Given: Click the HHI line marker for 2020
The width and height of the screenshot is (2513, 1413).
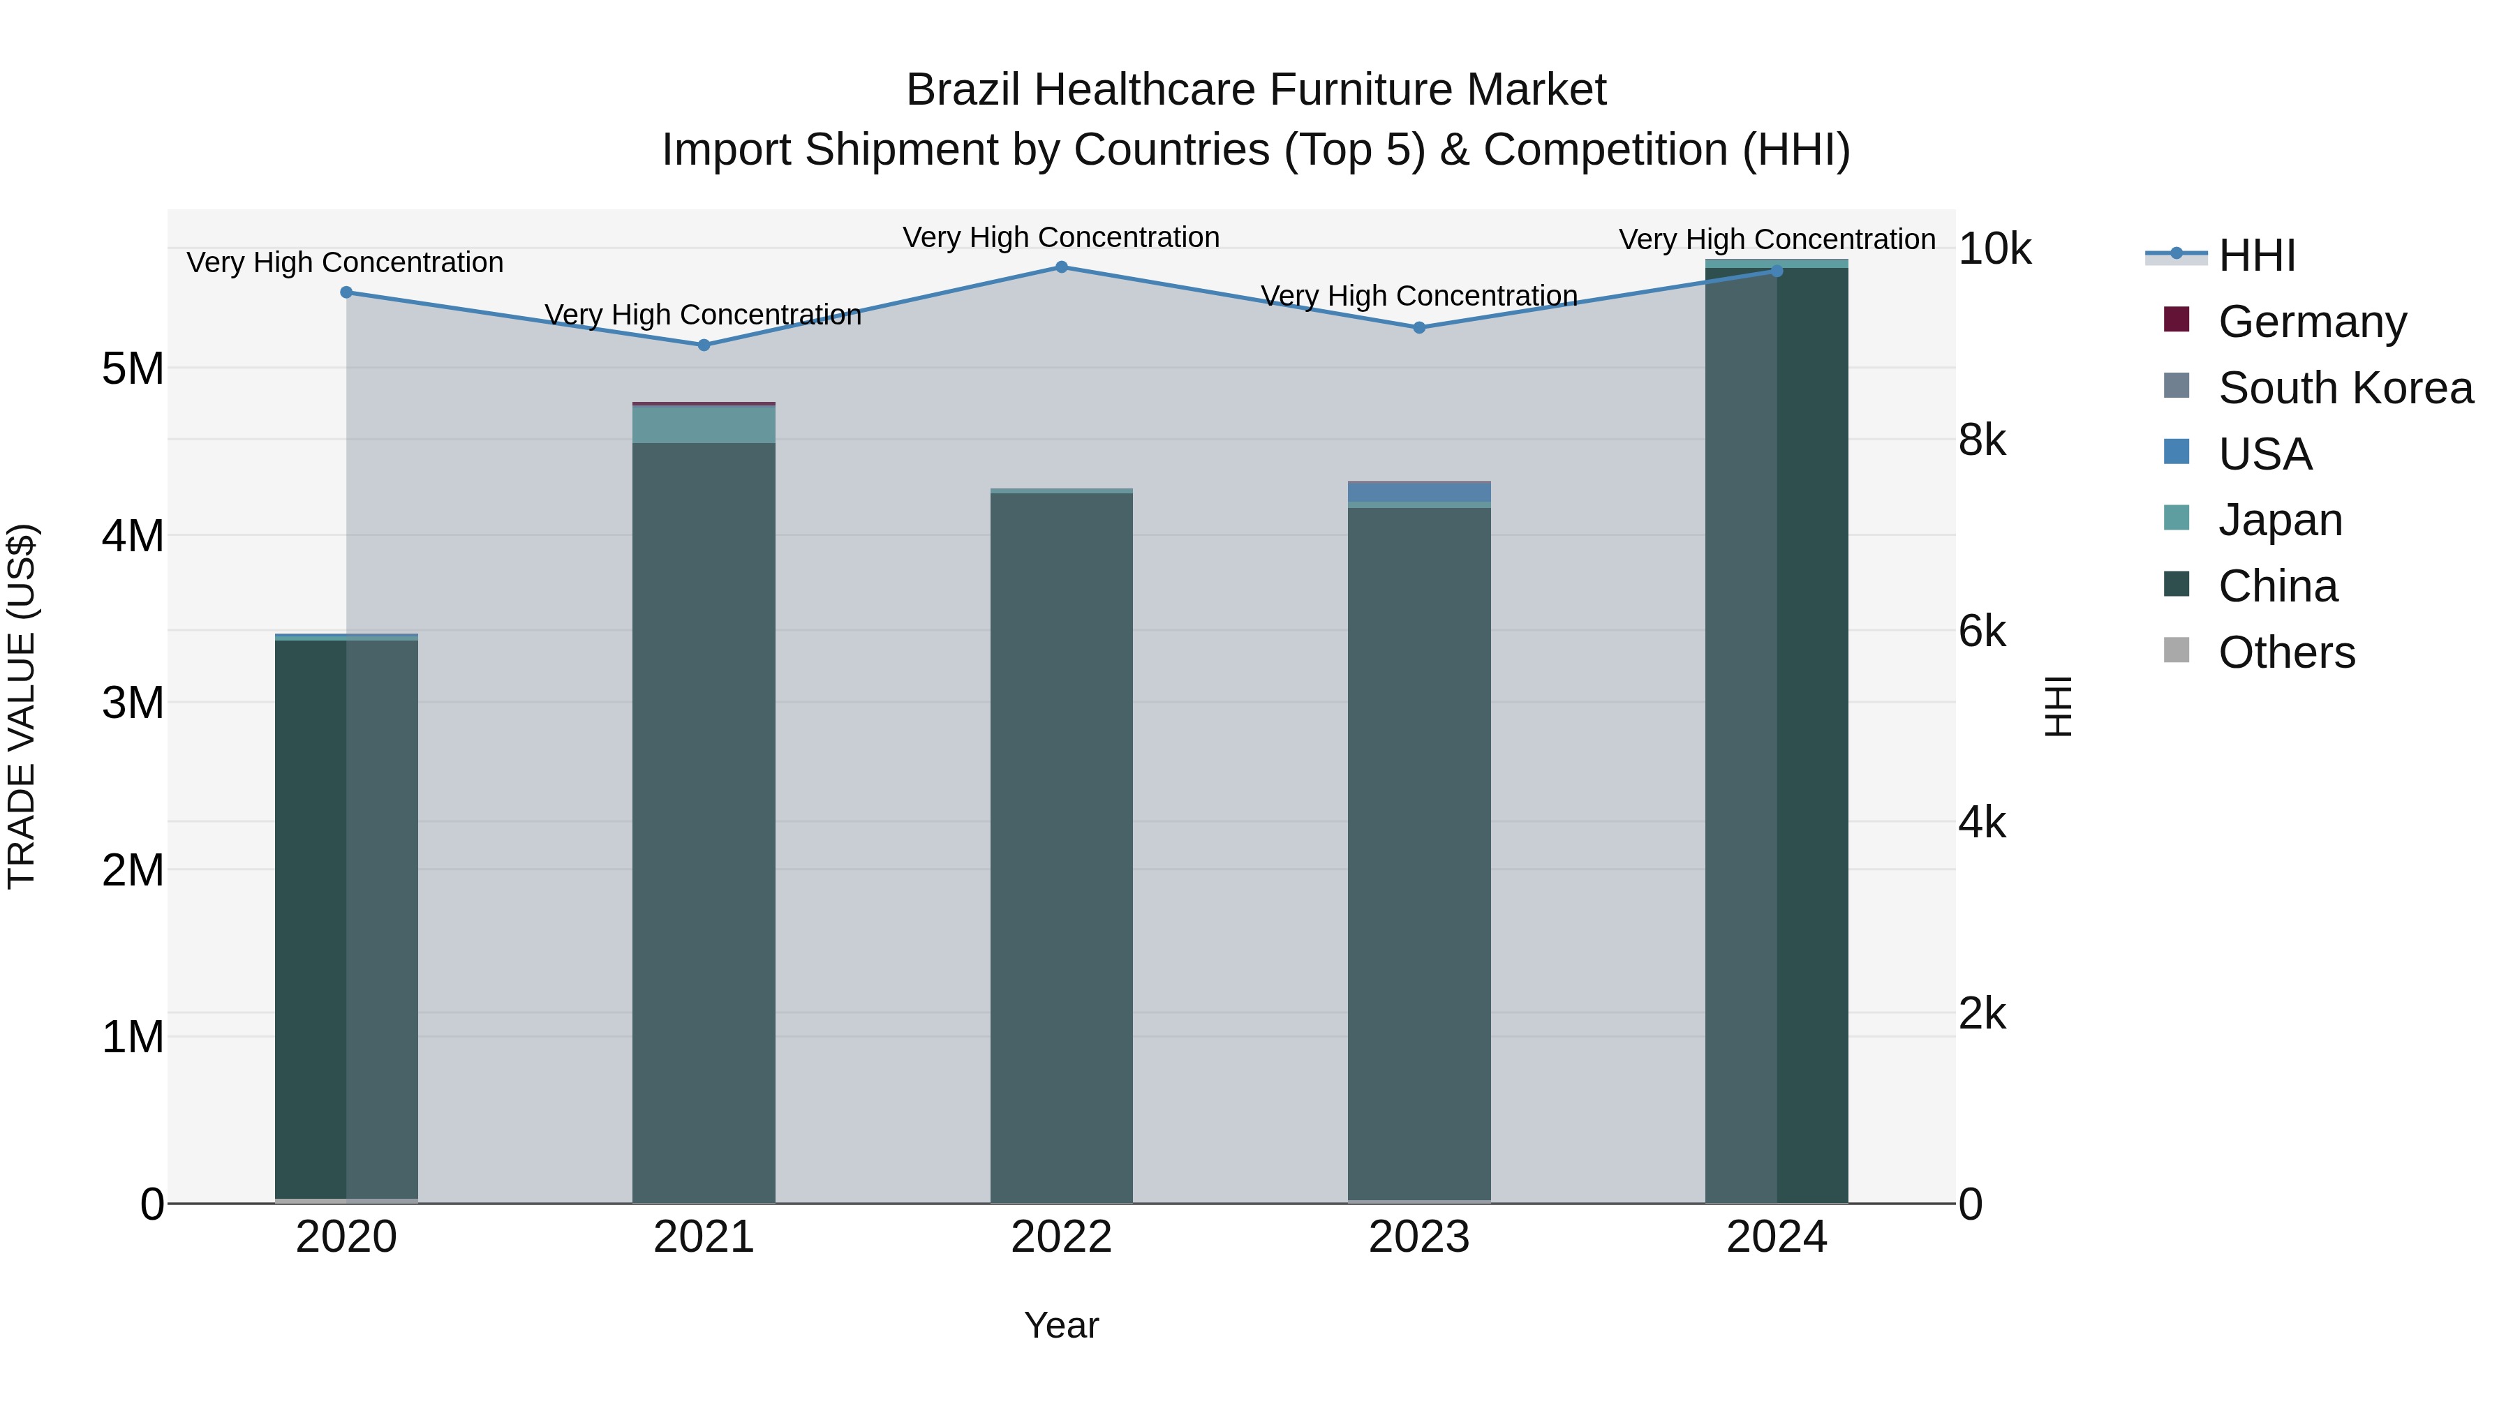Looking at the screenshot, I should point(346,292).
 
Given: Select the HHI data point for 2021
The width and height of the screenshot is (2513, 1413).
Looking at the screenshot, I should point(704,345).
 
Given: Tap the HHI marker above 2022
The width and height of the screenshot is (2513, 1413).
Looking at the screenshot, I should point(1061,267).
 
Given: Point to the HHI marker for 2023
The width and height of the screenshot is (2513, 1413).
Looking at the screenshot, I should point(1419,328).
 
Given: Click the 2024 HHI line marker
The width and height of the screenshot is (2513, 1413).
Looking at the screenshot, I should point(1777,271).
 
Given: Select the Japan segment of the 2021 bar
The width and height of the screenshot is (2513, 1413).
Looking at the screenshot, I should point(704,425).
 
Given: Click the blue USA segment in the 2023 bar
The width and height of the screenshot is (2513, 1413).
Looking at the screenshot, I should point(1419,493).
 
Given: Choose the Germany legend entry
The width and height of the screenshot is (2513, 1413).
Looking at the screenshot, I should point(2311,321).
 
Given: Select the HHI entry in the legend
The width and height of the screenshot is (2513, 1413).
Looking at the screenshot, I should point(2256,255).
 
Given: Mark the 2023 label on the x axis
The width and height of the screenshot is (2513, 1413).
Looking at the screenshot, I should point(1419,1237).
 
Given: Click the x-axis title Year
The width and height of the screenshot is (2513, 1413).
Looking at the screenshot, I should point(1061,1325).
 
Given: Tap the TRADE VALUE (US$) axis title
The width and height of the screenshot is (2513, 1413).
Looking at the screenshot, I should point(22,706).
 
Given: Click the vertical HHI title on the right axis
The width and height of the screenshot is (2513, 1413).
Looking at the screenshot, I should point(2059,706).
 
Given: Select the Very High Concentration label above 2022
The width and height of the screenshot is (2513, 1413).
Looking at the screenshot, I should point(1061,237).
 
